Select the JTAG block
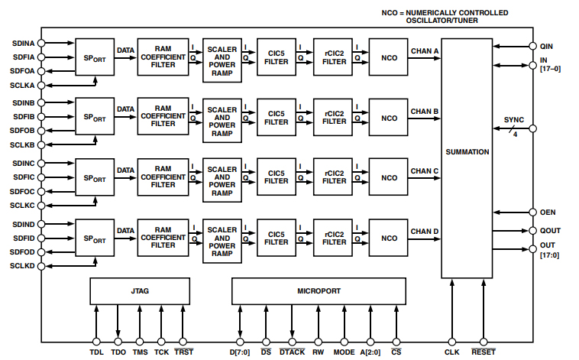pos(140,291)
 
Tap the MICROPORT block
pos(318,291)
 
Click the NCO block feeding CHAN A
pos(389,57)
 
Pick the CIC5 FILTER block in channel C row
pos(276,177)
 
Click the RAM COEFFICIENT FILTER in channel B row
pos(163,117)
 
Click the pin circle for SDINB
pos(41,102)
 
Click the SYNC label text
pos(515,121)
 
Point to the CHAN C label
pos(424,171)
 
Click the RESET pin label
pos(484,353)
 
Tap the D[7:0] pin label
pos(241,353)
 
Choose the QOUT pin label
pos(551,230)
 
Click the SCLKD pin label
pos(22,265)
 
